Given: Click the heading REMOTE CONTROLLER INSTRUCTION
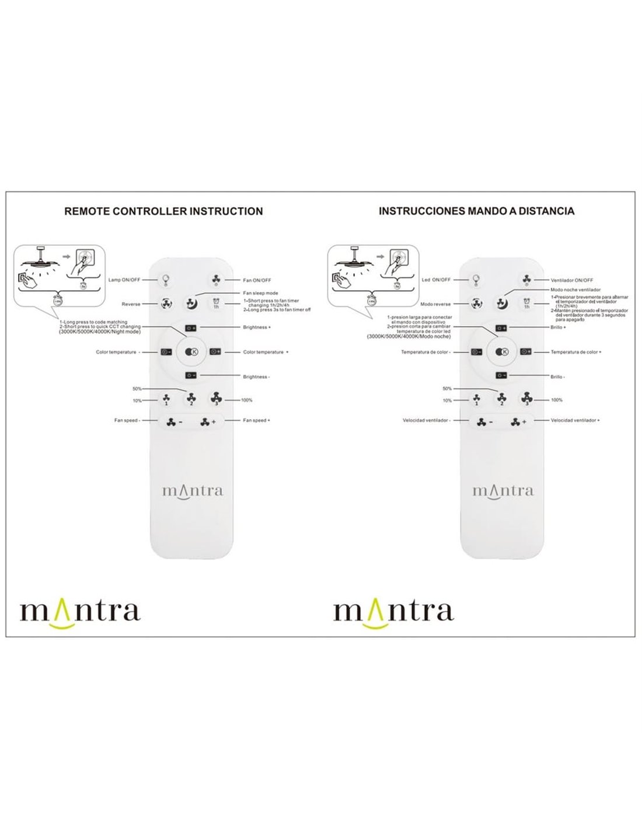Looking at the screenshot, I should coord(163,211).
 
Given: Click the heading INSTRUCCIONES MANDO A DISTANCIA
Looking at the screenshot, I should coord(476,211).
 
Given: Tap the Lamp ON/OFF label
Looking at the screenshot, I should coord(124,280).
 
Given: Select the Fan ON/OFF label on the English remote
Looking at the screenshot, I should coord(257,280).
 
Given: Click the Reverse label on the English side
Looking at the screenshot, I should coord(131,304).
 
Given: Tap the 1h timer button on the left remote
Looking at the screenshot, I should coord(216,304).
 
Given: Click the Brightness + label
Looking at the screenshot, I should coord(256,327).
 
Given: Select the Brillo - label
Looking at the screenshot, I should coord(557,377).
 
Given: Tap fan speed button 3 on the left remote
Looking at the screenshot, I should coord(216,399).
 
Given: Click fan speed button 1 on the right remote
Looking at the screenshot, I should coord(476,400).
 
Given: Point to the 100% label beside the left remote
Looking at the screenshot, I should coord(247,400).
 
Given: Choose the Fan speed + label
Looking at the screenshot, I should coord(256,420).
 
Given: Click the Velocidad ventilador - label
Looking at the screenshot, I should coord(426,420).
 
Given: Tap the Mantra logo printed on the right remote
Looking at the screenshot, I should coord(503,490).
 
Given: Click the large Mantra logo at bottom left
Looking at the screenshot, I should coord(80,612).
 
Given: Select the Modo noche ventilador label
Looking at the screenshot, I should coord(575,290).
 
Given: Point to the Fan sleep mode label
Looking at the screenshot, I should coord(260,293).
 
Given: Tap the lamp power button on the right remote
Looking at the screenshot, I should coord(476,280).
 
